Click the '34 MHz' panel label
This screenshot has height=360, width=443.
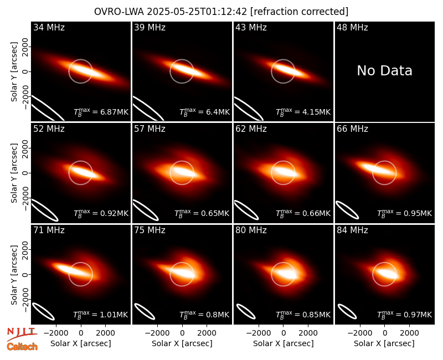pos(49,27)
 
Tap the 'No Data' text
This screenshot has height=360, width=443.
pos(384,71)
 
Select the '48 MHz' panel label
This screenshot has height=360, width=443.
pos(352,27)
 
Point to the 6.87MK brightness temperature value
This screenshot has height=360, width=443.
pos(111,112)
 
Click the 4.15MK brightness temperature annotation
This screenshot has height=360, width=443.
pos(313,112)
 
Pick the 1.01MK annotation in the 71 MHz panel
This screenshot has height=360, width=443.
pos(110,315)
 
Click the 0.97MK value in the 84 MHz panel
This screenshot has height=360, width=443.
pos(414,315)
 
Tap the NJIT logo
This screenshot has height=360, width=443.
pos(22,334)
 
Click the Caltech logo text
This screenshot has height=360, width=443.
pos(22,347)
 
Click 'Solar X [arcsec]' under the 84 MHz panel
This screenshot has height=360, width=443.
pos(384,343)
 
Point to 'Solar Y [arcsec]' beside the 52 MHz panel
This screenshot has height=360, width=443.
pos(14,173)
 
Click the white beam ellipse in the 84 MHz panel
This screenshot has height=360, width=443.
pos(347,312)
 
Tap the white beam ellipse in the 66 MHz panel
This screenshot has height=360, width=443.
pos(347,210)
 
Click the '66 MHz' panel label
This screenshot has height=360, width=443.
pos(352,129)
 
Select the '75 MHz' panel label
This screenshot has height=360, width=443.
pos(150,230)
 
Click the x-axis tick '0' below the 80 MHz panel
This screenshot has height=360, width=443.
pos(284,333)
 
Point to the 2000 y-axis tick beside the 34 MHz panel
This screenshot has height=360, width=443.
pos(25,47)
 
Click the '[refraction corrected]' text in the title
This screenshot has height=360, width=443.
pos(300,12)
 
